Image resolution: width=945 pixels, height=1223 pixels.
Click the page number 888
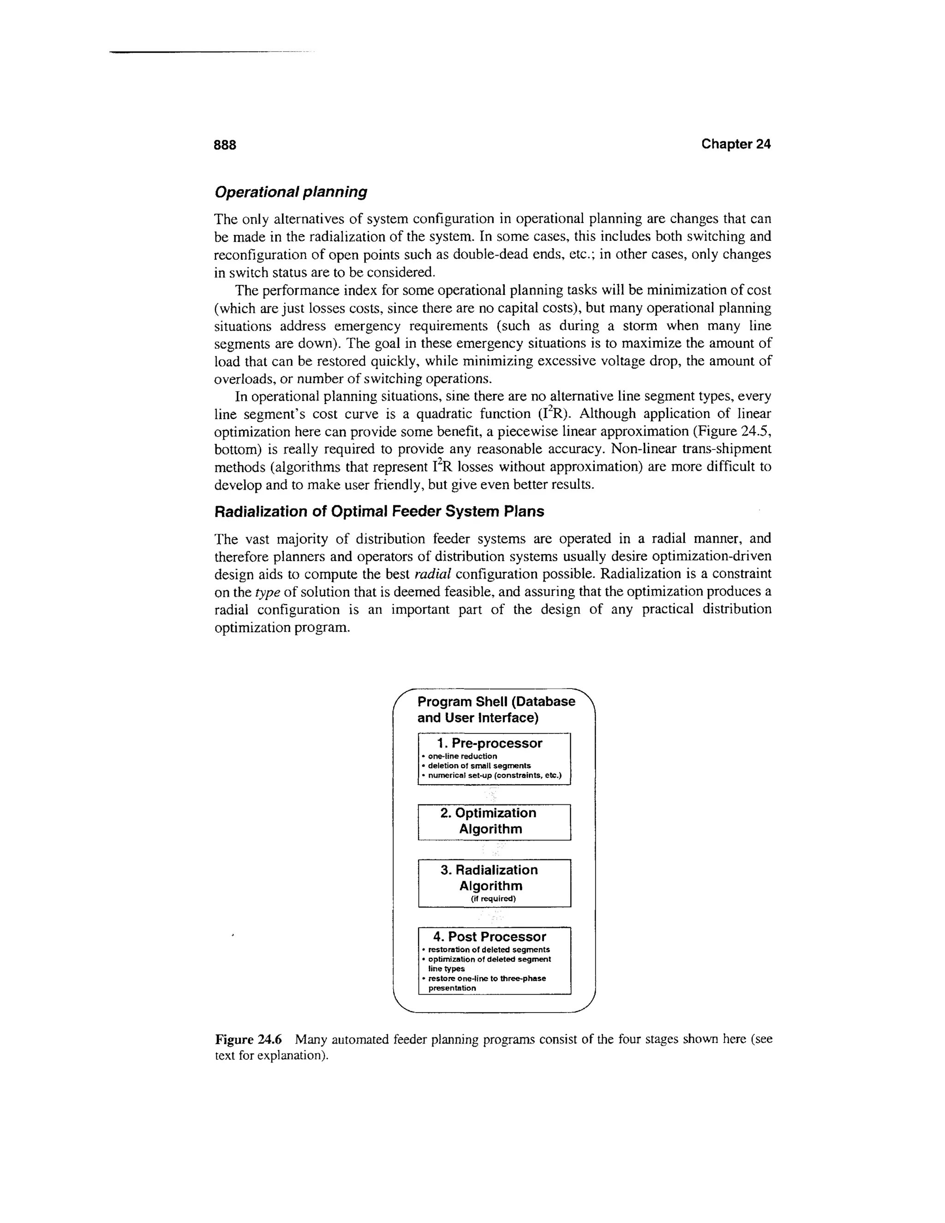coord(225,145)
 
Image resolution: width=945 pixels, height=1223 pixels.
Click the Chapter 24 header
coord(736,144)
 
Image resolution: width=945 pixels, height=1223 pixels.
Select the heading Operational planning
coord(291,192)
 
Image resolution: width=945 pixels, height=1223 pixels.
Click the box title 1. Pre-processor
coord(489,743)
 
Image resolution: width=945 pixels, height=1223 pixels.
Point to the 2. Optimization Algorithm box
coord(494,821)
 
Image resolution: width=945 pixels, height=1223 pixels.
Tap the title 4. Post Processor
coord(489,937)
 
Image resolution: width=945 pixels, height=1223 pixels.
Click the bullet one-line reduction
coord(462,756)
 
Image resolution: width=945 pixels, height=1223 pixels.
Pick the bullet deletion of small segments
coord(479,766)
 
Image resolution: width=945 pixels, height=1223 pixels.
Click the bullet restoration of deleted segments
coord(489,950)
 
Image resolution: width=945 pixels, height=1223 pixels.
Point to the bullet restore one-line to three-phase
coord(486,978)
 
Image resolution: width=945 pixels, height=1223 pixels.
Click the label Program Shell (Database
coord(496,701)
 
